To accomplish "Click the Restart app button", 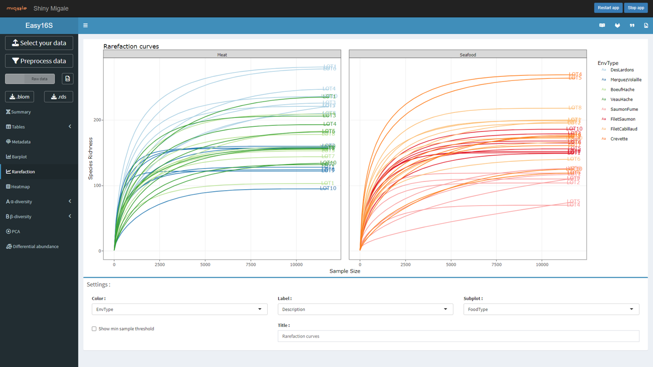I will tap(608, 8).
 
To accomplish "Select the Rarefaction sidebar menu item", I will tap(23, 172).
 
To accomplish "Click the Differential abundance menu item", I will tap(35, 246).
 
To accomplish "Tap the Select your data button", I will tap(39, 43).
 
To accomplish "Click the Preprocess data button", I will tap(39, 61).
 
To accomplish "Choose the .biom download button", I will tap(20, 97).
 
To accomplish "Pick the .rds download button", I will tap(58, 97).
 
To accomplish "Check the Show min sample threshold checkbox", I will tap(94, 329).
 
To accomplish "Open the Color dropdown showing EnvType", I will tap(179, 309).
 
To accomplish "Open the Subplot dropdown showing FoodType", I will tap(551, 309).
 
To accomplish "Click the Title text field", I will tap(458, 336).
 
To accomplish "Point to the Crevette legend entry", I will tap(618, 139).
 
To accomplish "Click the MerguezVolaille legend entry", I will tap(625, 80).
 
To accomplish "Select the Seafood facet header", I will tap(468, 55).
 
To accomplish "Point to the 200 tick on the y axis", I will tap(97, 120).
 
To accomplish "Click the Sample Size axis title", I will tap(345, 271).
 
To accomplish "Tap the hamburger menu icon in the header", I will tap(86, 26).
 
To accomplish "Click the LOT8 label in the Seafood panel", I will tap(575, 108).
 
